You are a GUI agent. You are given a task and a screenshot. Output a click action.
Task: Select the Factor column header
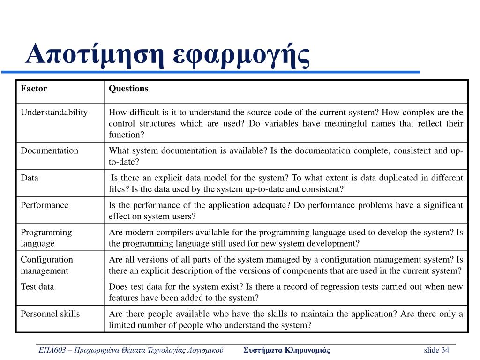click(34, 89)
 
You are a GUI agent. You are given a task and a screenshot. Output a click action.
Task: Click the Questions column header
click(128, 89)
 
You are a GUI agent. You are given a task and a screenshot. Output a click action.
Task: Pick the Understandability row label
click(54, 112)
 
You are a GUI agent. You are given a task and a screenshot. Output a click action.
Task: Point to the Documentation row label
click(49, 150)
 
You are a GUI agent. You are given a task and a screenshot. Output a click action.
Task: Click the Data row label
click(30, 178)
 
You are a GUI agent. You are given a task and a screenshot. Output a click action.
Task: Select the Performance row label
click(44, 205)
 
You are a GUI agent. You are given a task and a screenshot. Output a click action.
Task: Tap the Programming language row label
click(46, 238)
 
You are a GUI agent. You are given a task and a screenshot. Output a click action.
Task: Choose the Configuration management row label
click(47, 265)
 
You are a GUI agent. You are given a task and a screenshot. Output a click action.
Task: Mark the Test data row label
click(37, 286)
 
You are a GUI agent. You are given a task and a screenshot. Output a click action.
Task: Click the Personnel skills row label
click(50, 314)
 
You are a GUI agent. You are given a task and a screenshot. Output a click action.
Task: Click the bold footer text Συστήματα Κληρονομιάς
click(287, 350)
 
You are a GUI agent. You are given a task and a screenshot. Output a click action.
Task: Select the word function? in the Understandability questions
click(127, 135)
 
